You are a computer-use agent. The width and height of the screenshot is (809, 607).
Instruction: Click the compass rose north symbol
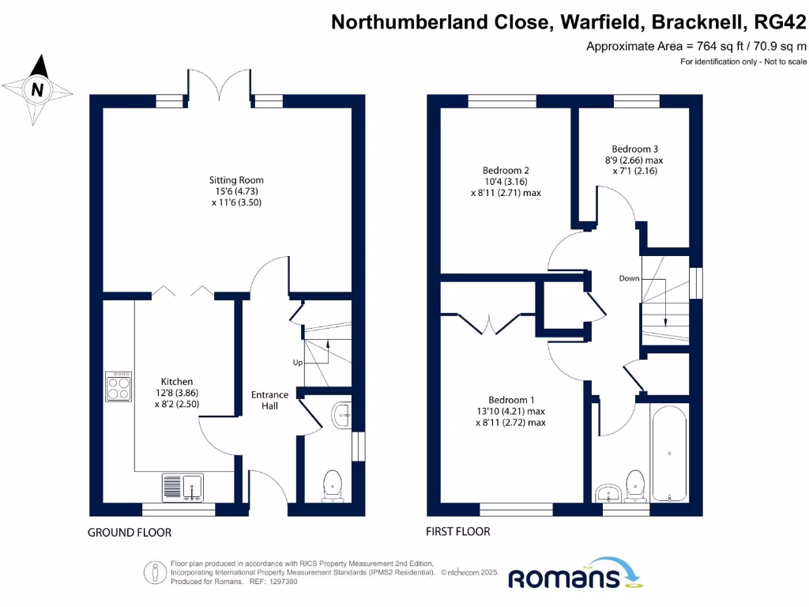coord(36,89)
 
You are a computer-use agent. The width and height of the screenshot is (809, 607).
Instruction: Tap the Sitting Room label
coord(230,190)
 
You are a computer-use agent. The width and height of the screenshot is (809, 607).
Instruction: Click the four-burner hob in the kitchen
coord(119,386)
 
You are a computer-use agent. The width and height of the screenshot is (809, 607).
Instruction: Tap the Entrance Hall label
coord(269,400)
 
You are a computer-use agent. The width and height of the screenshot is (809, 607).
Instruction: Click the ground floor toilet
coord(333,484)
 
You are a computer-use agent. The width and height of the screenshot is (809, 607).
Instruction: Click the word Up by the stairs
coord(298,363)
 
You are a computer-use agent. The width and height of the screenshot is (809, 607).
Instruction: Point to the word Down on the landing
coord(629,278)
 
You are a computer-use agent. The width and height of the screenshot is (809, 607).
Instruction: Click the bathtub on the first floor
coord(668,453)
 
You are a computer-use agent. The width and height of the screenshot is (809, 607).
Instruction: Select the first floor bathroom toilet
coord(635,484)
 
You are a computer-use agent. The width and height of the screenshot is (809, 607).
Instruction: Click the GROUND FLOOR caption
coord(129,533)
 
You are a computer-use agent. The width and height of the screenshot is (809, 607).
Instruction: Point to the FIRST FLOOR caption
coord(457,531)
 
